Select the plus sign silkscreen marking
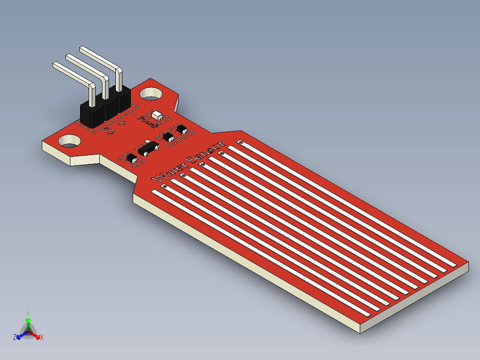pyautogui.click(x=122, y=122)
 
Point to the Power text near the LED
pyautogui.click(x=147, y=120)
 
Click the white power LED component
pyautogui.click(x=157, y=116)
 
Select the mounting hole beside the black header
pyautogui.click(x=152, y=94)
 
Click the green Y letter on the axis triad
pyautogui.click(x=28, y=313)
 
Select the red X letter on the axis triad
pyautogui.click(x=41, y=338)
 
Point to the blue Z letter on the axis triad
pyautogui.click(x=15, y=338)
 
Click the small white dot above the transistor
pyautogui.click(x=147, y=141)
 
